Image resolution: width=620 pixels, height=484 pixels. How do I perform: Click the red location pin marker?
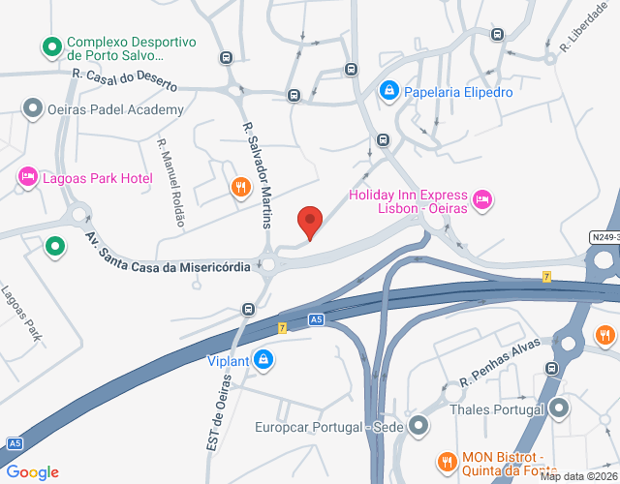pos(309,222)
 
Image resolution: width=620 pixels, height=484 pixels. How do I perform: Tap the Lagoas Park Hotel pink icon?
pos(26,177)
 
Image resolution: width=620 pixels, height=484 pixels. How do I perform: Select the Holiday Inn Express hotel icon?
pos(483,200)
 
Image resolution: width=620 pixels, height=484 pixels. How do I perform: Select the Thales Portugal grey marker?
pos(559,408)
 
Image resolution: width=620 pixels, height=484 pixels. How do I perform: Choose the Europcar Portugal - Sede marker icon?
pos(418,426)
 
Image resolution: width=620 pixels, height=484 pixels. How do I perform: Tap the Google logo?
pos(32,472)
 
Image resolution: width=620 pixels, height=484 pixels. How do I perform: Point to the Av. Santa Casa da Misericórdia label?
pos(170,252)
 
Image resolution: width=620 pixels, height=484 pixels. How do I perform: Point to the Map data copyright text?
pos(578,476)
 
